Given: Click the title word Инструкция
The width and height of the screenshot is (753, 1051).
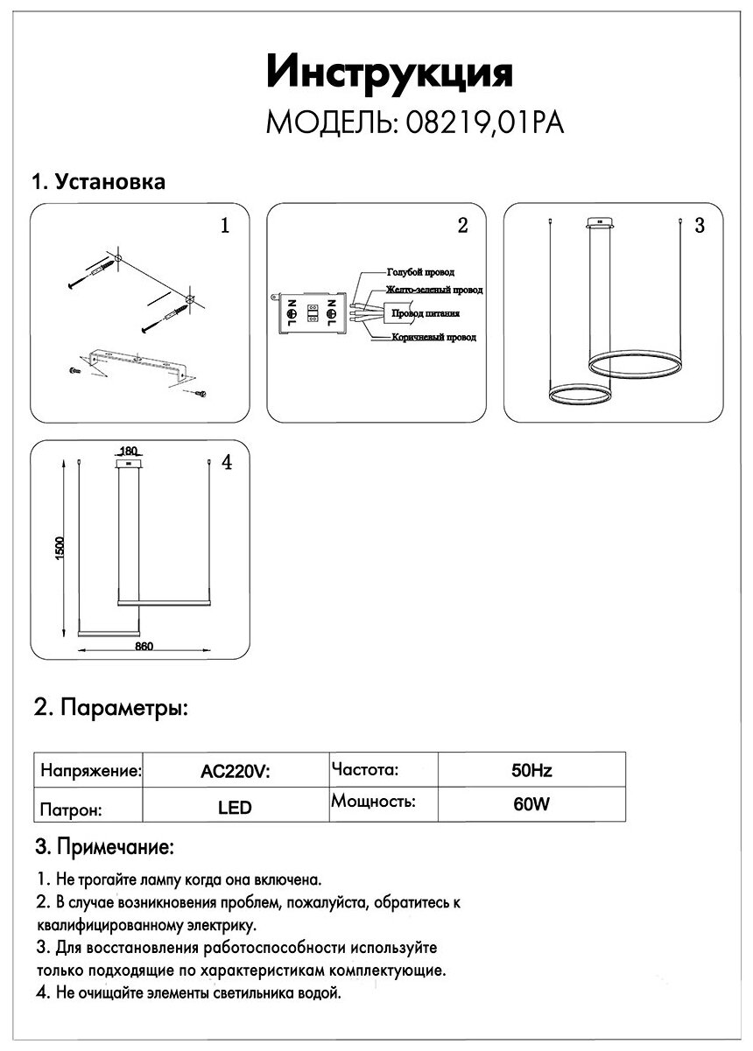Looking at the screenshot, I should pyautogui.click(x=388, y=73).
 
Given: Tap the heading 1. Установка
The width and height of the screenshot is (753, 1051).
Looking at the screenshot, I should pyautogui.click(x=99, y=182).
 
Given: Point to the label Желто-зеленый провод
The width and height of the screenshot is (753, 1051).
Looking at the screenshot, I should pyautogui.click(x=433, y=290).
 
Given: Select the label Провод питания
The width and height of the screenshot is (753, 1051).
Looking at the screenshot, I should pyautogui.click(x=426, y=312).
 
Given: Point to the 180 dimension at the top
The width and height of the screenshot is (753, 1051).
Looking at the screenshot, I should pyautogui.click(x=128, y=452).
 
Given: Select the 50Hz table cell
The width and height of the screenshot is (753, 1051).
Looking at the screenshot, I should pyautogui.click(x=531, y=772).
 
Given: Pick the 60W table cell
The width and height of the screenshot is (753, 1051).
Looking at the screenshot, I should pyautogui.click(x=531, y=805).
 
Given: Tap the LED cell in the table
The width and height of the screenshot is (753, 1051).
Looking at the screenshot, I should pyautogui.click(x=235, y=808).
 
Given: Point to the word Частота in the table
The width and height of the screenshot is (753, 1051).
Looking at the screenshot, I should pyautogui.click(x=365, y=770).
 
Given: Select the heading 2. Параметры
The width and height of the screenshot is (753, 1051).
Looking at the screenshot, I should pyautogui.click(x=110, y=707).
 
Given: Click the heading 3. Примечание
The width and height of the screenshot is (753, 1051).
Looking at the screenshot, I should pyautogui.click(x=104, y=847).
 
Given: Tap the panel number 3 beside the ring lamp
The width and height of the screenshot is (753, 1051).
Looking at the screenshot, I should pyautogui.click(x=699, y=226).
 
